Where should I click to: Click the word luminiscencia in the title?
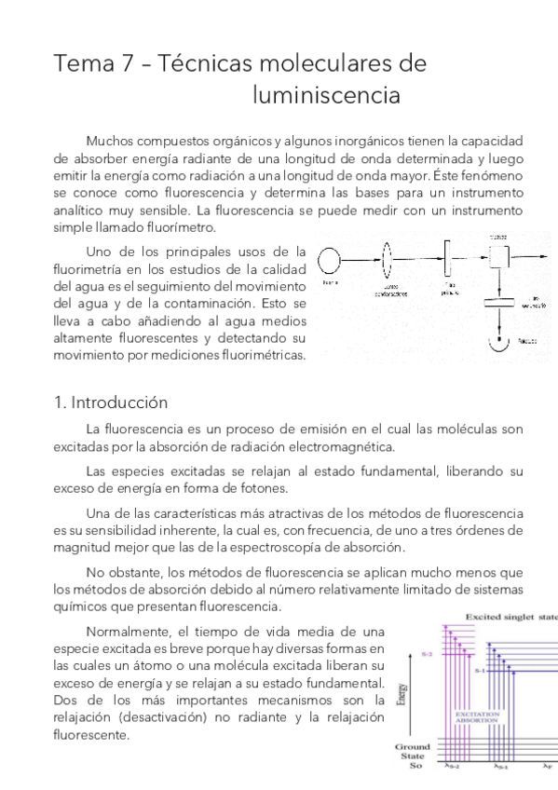tap(326, 96)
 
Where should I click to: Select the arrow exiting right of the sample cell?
tap(531, 254)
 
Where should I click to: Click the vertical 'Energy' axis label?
tap(401, 695)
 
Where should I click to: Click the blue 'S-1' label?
tap(481, 671)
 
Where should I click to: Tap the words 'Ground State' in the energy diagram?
tap(412, 752)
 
